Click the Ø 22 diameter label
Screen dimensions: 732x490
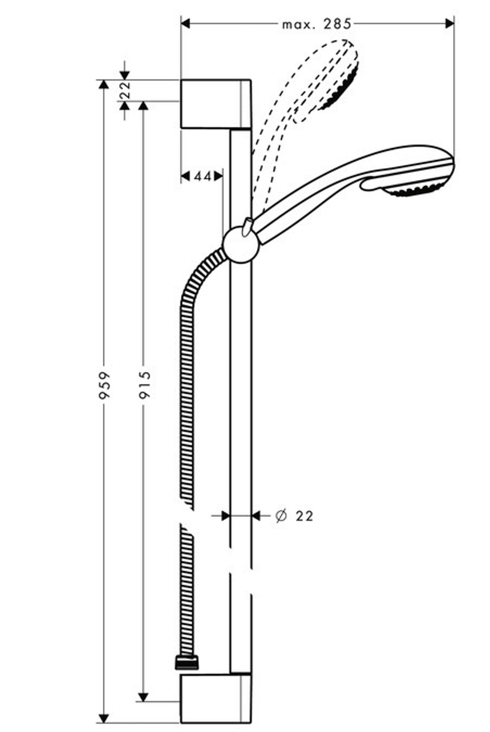point(294,516)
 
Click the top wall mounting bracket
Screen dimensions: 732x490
point(216,103)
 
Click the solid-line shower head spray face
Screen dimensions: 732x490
point(416,189)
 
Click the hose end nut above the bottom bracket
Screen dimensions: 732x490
point(187,663)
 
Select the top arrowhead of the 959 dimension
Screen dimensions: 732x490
point(103,85)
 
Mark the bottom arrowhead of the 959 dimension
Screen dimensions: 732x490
point(103,718)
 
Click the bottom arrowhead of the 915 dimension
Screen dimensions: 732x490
point(143,696)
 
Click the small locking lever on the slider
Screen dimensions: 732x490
point(248,226)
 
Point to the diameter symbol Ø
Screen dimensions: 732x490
point(281,516)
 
